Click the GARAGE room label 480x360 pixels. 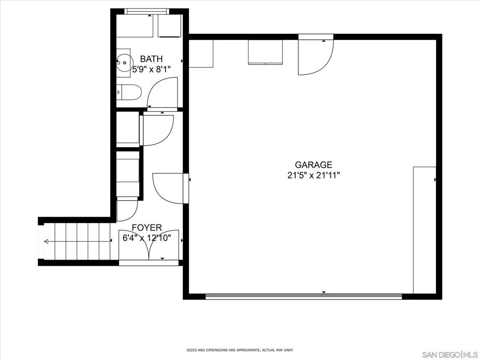click(314, 165)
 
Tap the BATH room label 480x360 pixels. click(151, 59)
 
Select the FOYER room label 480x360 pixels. click(147, 228)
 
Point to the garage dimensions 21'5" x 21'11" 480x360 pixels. click(314, 176)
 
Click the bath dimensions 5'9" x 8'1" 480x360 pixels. click(151, 69)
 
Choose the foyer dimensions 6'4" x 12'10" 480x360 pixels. click(147, 238)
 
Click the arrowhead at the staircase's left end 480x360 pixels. click(46, 241)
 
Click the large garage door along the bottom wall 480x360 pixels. click(303, 296)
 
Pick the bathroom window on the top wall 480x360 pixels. click(147, 11)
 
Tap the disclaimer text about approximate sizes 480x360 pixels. click(240, 350)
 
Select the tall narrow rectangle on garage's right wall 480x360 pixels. click(424, 230)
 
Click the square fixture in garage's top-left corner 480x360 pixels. click(201, 53)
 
